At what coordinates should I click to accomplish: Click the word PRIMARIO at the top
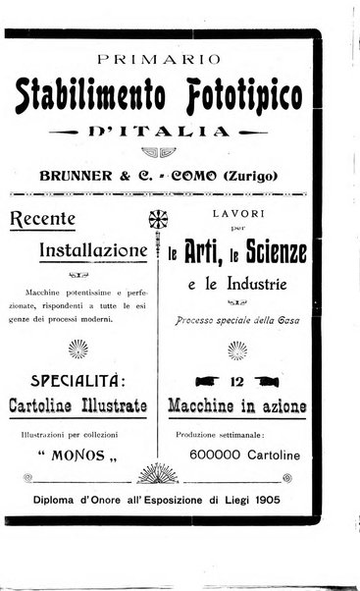[x=170, y=56]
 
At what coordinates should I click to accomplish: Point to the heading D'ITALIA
[x=170, y=132]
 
